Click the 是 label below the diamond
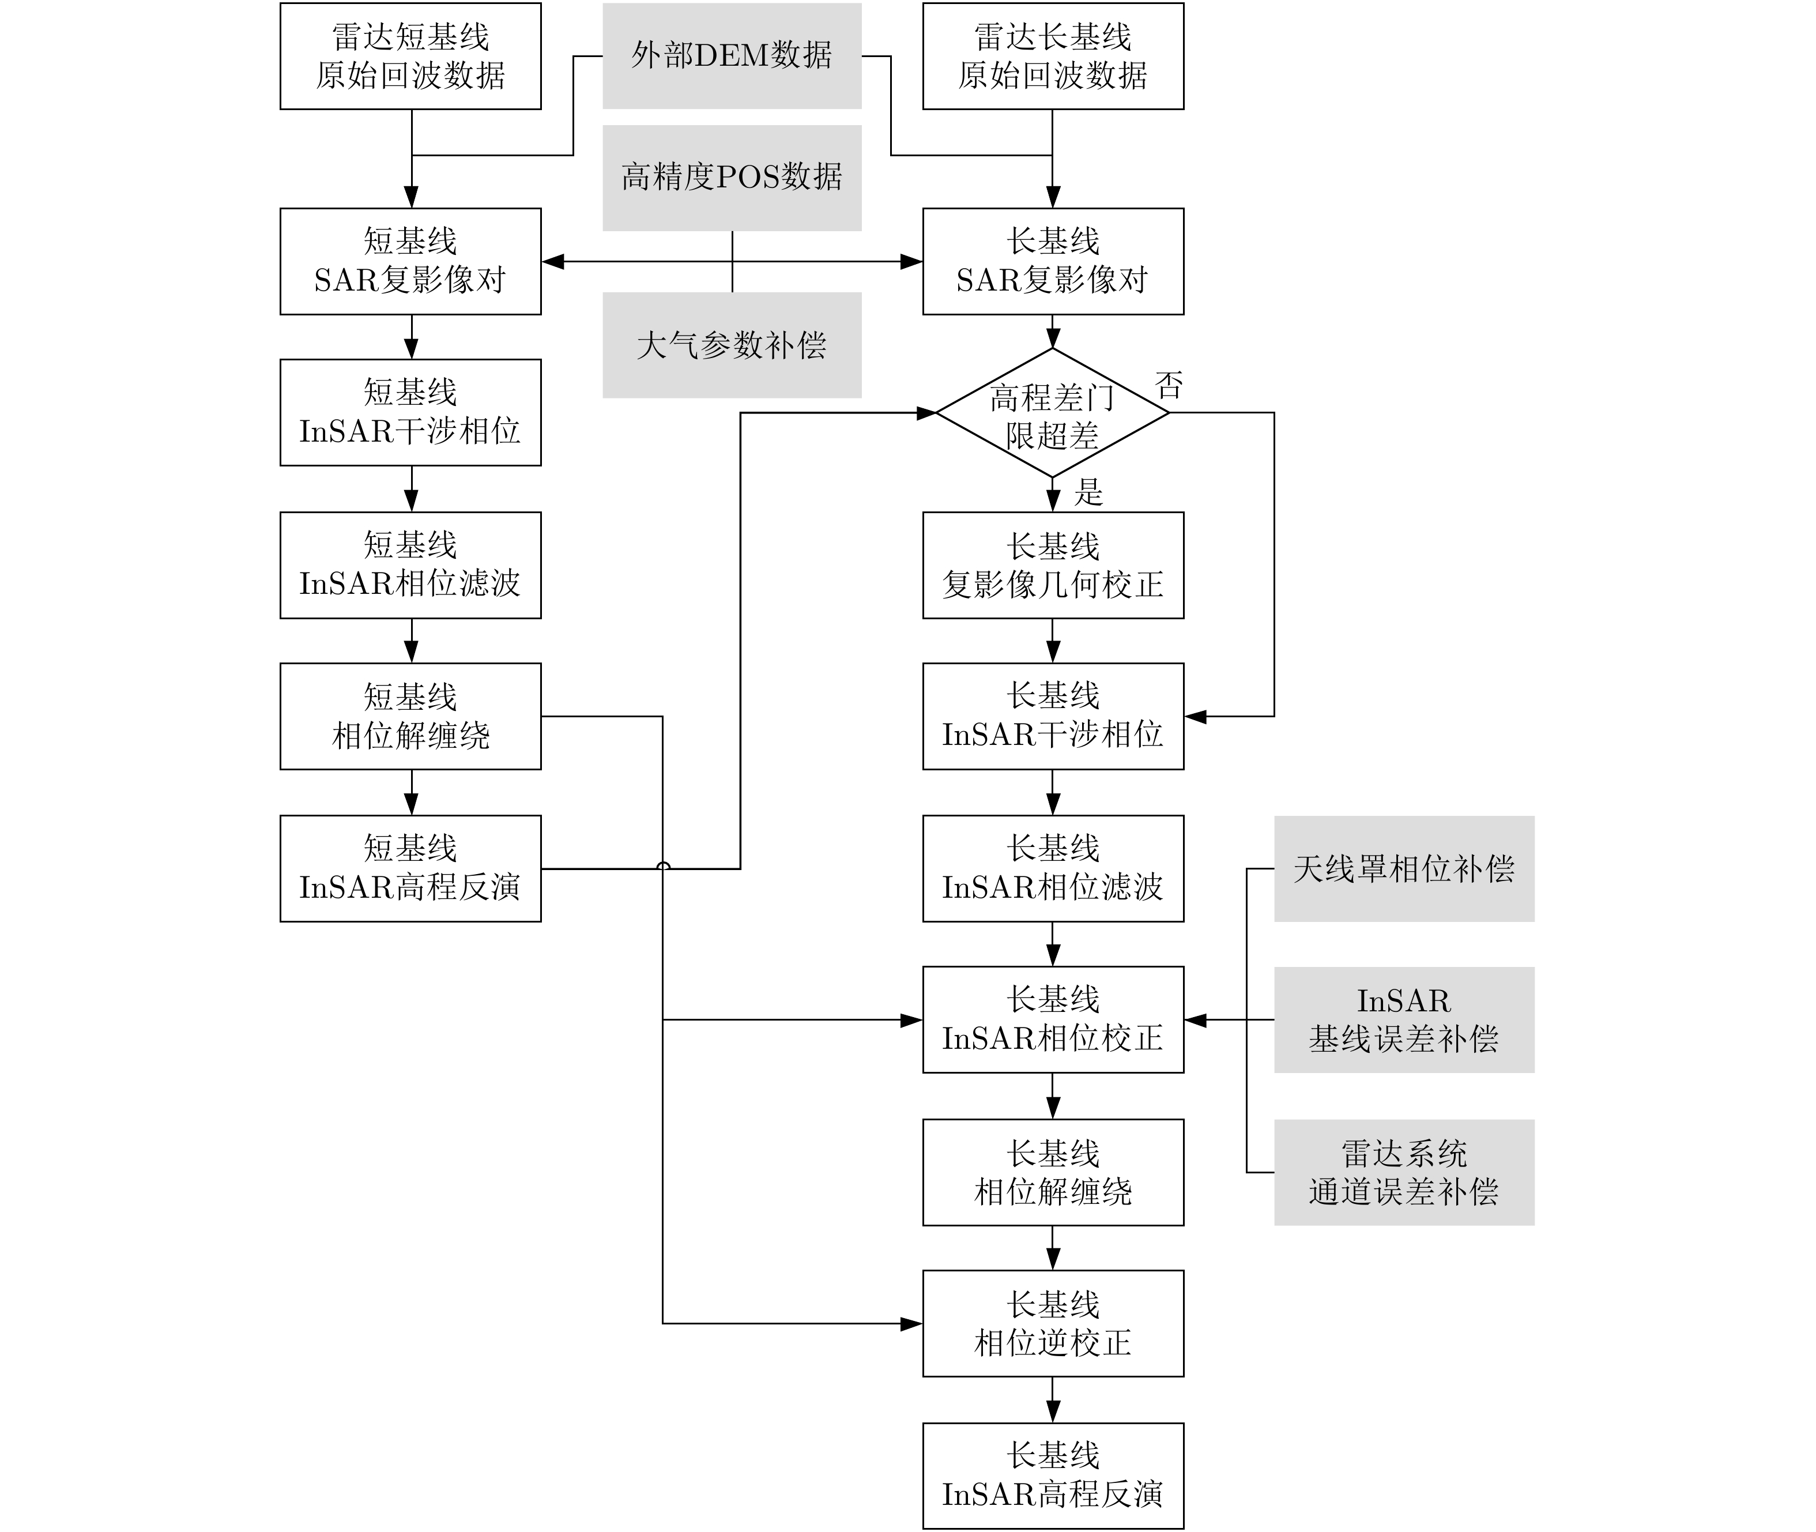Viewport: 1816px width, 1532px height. [x=1088, y=492]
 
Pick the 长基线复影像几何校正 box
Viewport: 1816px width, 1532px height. [x=1053, y=566]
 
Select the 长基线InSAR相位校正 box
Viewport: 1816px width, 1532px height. [x=1053, y=1019]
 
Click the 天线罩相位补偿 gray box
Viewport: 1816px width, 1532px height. [x=1403, y=868]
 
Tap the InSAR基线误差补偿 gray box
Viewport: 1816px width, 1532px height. [x=1403, y=1019]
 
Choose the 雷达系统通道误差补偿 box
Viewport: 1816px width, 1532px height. [x=1403, y=1172]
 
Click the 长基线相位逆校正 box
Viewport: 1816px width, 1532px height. [x=1053, y=1324]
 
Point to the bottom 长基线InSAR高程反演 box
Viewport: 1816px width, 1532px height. [x=1053, y=1475]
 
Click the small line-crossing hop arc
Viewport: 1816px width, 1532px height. [x=662, y=865]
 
